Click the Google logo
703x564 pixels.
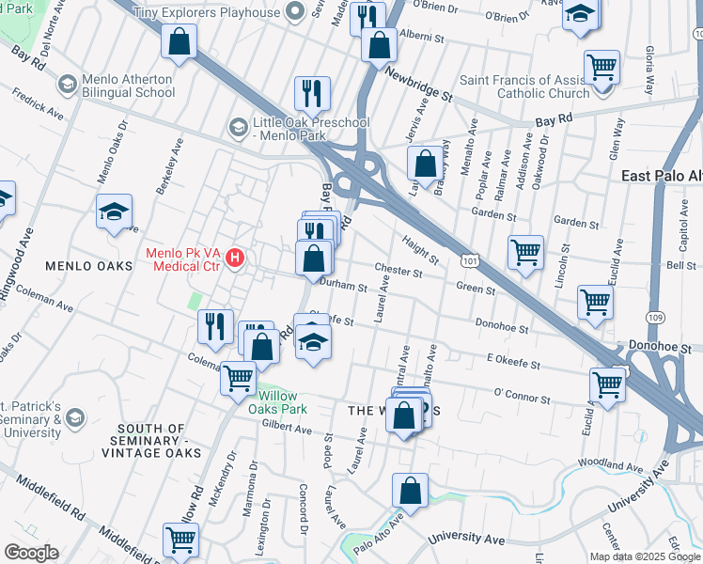click(x=31, y=553)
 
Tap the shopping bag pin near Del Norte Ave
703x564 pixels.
click(x=178, y=41)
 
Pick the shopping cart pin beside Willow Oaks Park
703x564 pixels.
click(x=239, y=378)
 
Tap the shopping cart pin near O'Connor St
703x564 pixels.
click(x=607, y=384)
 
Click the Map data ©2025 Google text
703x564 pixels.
click(x=645, y=556)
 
